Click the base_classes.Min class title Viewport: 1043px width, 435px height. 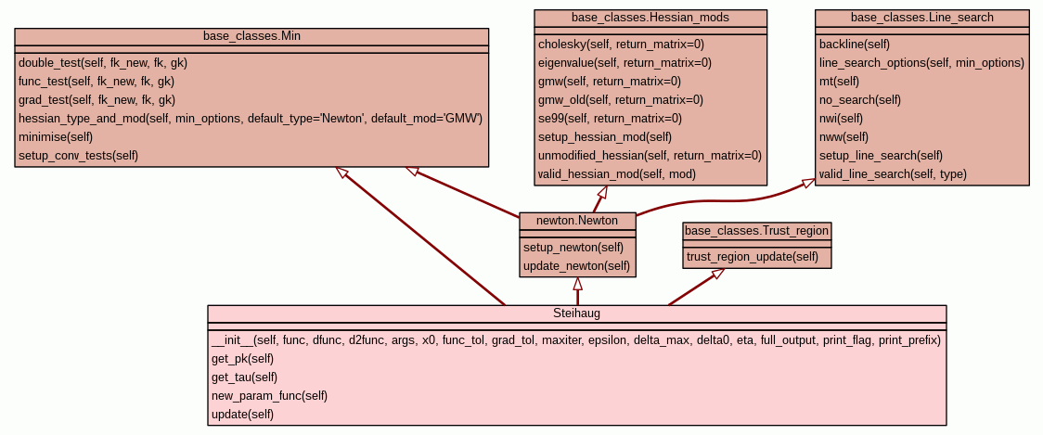(x=251, y=36)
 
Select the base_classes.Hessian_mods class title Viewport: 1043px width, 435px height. (x=650, y=18)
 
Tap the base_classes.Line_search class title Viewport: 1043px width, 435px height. (x=922, y=18)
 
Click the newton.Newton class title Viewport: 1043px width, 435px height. (x=577, y=221)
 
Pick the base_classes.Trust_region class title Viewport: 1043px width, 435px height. (x=757, y=230)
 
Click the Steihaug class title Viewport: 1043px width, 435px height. (x=576, y=313)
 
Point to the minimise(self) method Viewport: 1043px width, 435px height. (x=56, y=136)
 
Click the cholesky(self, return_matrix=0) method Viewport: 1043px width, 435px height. (x=622, y=44)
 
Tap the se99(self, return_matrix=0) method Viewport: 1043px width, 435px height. (x=610, y=118)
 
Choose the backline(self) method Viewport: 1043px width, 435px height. (x=855, y=44)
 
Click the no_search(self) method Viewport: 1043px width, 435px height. (x=860, y=99)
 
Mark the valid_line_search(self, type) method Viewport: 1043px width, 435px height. (x=893, y=173)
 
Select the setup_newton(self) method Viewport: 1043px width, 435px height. (x=573, y=247)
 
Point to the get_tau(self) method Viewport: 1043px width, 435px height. (x=244, y=377)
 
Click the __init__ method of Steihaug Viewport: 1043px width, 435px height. (x=576, y=339)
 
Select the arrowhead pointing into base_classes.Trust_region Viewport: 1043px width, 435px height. (x=717, y=274)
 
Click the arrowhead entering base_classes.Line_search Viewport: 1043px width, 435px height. (x=809, y=183)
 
